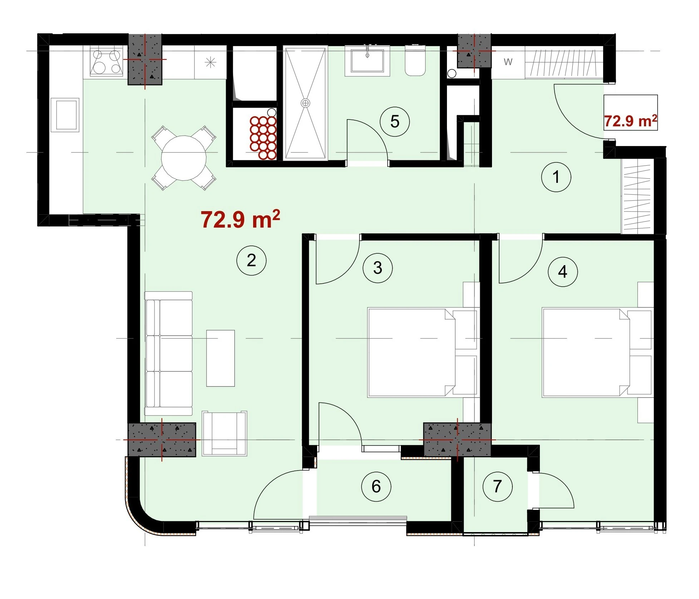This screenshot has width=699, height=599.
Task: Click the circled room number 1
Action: [x=556, y=177]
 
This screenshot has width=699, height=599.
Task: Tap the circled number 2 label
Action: [x=251, y=260]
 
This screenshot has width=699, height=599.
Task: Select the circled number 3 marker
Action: [x=378, y=268]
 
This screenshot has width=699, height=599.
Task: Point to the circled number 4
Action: [x=562, y=272]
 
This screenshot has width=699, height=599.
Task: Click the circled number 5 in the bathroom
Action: [x=395, y=122]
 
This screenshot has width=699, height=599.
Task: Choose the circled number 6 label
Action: [x=376, y=486]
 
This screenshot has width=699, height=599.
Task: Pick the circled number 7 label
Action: [x=497, y=486]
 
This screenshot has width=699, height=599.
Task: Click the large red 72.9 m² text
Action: [x=240, y=219]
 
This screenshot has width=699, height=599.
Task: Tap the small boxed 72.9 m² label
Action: [x=630, y=121]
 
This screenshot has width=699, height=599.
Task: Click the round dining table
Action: [x=184, y=158]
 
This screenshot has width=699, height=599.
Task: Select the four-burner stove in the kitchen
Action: [x=107, y=62]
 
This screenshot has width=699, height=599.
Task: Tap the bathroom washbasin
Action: [x=367, y=61]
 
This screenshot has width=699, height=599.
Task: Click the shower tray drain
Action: [x=305, y=103]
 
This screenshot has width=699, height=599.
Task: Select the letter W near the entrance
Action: [x=508, y=62]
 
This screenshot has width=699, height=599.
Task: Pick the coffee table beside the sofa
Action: [x=221, y=358]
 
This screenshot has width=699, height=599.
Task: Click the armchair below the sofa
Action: [x=225, y=433]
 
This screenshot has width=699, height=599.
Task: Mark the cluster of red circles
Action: [x=264, y=137]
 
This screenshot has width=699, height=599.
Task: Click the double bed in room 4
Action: [x=596, y=352]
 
